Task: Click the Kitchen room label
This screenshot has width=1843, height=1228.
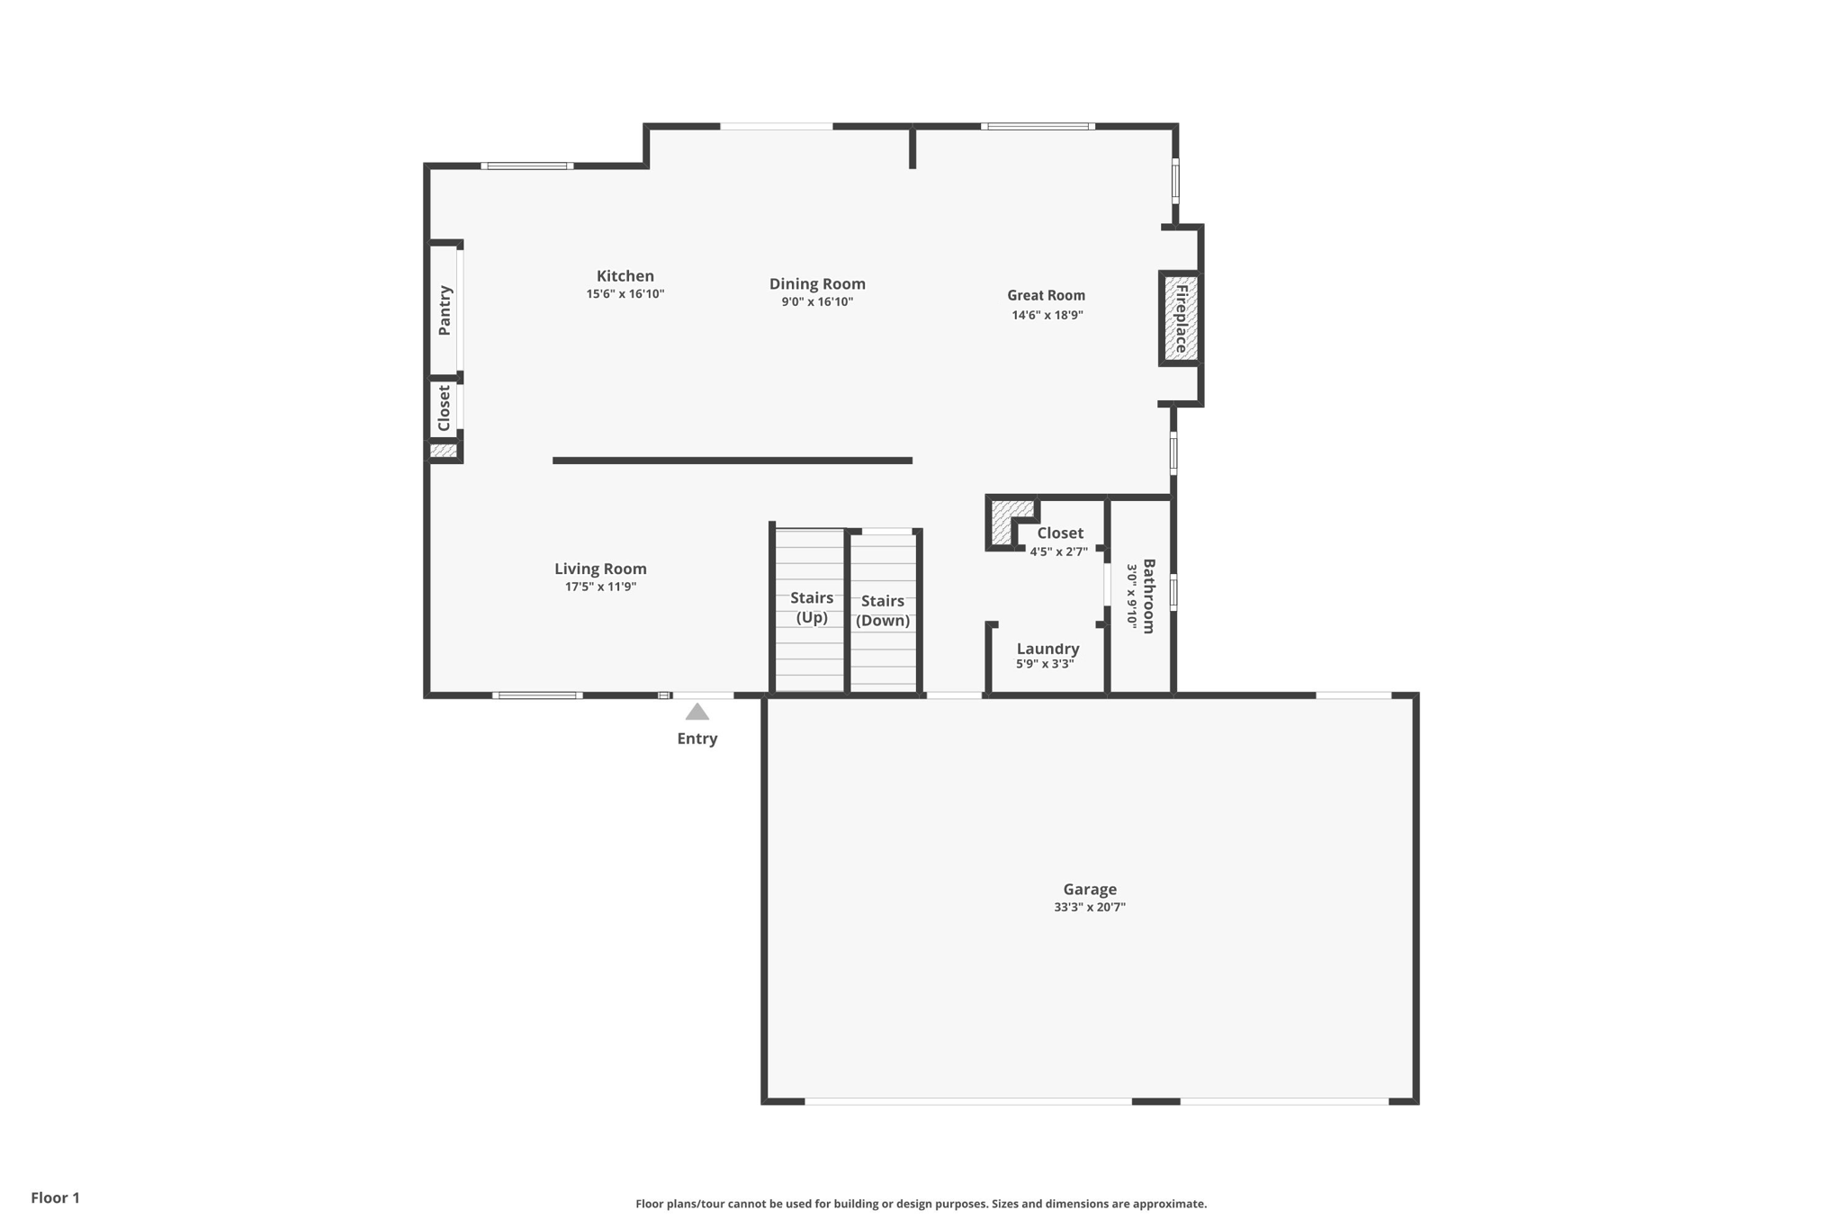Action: click(x=625, y=276)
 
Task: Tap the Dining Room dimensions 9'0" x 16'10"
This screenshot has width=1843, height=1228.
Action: click(x=817, y=302)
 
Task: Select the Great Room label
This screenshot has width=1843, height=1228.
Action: click(x=1046, y=295)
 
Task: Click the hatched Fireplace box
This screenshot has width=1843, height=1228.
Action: click(x=1180, y=318)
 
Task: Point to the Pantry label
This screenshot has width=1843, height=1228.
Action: click(x=445, y=310)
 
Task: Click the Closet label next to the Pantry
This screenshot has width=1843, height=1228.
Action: click(x=444, y=408)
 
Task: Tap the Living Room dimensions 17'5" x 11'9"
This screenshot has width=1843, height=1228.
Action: click(x=600, y=587)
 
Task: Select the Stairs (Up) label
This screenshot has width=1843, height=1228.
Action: click(x=812, y=607)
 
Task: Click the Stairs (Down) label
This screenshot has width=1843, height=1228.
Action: click(x=883, y=611)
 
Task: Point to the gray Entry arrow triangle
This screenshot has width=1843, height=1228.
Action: click(x=697, y=713)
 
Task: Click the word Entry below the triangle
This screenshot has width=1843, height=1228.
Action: click(x=697, y=739)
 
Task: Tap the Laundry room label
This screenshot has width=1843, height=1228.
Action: click(x=1047, y=649)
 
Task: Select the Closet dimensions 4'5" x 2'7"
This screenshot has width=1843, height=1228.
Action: click(x=1059, y=551)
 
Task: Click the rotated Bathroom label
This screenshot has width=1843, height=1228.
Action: click(x=1148, y=596)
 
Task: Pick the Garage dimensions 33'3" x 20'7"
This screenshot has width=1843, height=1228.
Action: click(x=1089, y=908)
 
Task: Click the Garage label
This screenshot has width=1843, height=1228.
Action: click(x=1089, y=889)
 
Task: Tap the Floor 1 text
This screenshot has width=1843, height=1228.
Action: click(x=56, y=1197)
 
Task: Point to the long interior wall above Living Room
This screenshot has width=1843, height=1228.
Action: click(x=732, y=461)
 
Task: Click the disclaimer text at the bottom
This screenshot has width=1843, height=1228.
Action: click(x=921, y=1204)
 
